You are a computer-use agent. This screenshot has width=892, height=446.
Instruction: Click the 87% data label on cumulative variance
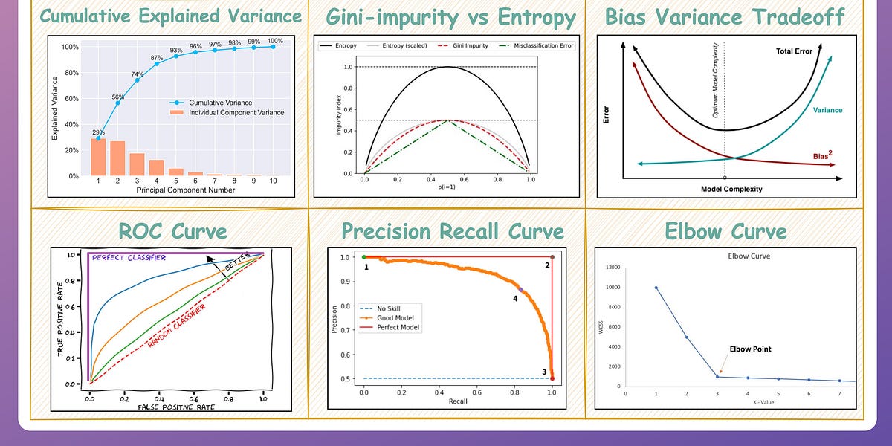coord(157,58)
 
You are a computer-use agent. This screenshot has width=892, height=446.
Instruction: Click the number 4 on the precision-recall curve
coord(514,298)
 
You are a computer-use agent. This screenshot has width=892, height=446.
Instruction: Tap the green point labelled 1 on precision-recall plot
coord(363,257)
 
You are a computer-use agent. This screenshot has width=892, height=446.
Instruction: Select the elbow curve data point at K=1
coord(656,288)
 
